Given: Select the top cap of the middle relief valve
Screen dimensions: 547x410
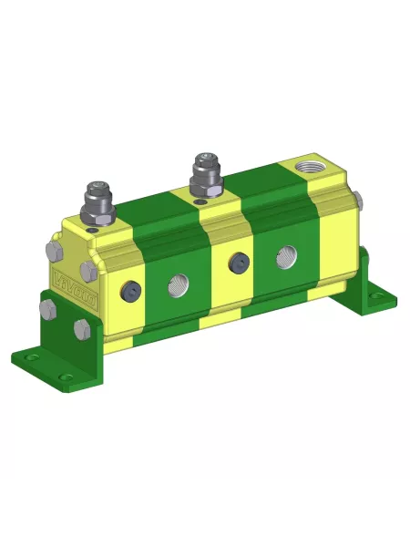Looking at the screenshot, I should pyautogui.click(x=201, y=161).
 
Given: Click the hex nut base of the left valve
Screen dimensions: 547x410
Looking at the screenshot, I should pyautogui.click(x=97, y=217).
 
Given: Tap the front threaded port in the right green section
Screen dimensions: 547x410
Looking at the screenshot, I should pyautogui.click(x=285, y=259).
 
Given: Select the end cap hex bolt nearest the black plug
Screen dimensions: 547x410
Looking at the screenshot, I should pyautogui.click(x=88, y=270).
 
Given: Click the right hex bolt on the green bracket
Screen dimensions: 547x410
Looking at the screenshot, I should pyautogui.click(x=81, y=329).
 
